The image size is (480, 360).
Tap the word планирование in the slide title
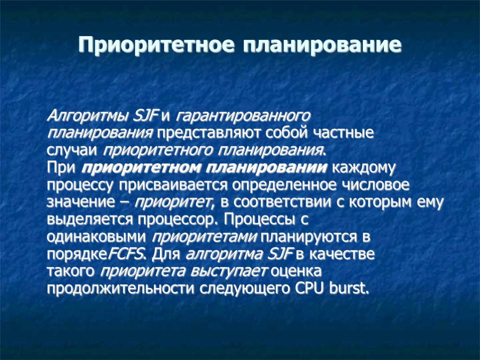coord(322,45)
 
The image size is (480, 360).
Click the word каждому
coord(365,168)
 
